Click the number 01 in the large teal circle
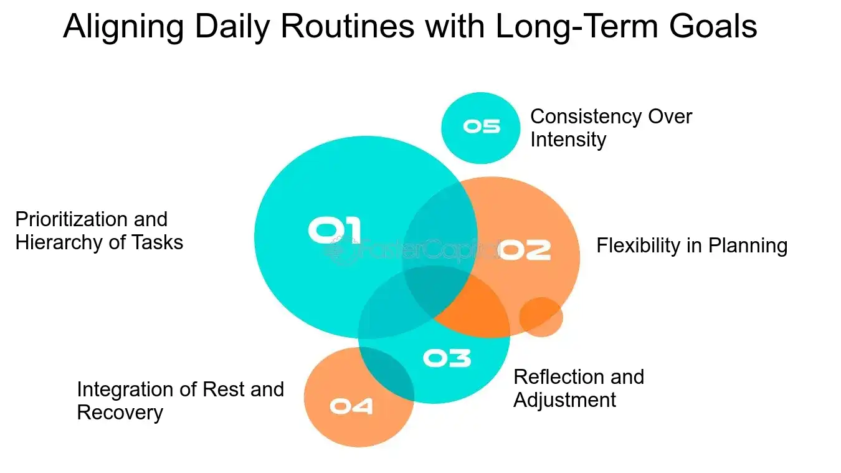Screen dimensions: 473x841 (335, 230)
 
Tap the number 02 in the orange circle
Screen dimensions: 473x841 (525, 249)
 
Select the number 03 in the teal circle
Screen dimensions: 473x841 (447, 358)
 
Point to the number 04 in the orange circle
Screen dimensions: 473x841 (351, 406)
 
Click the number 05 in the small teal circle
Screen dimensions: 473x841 (481, 127)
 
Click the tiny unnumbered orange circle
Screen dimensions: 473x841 (541, 317)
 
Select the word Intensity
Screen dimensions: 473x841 (568, 139)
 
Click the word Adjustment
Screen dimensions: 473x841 (564, 399)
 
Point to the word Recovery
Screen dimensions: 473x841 (120, 412)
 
